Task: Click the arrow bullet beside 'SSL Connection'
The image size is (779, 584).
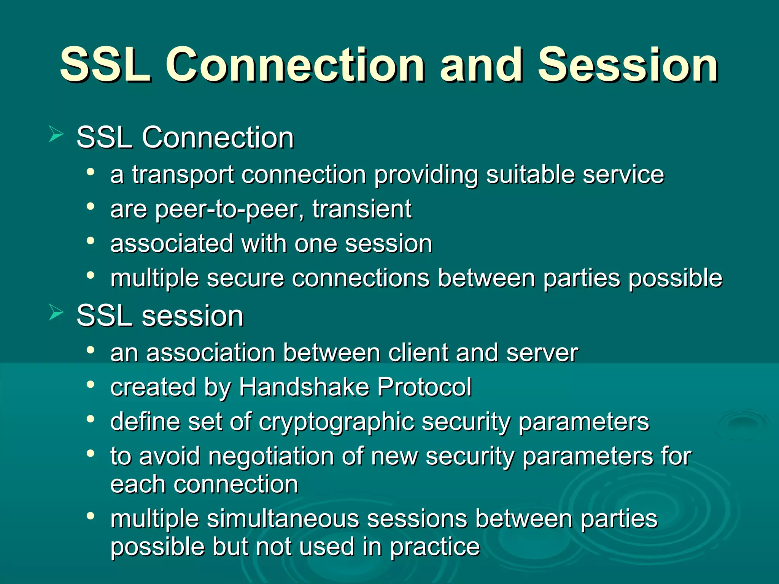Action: point(56,135)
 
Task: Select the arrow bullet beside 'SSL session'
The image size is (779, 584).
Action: point(56,313)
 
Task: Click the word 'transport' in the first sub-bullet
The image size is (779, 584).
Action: point(183,176)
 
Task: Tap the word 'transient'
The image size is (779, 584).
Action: point(362,209)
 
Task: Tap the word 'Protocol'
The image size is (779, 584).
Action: point(424,387)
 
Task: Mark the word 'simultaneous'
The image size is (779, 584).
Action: point(283,519)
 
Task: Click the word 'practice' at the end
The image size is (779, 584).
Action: point(435,548)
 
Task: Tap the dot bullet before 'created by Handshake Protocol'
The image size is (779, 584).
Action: point(90,385)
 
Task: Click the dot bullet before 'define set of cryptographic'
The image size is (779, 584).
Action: point(90,419)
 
